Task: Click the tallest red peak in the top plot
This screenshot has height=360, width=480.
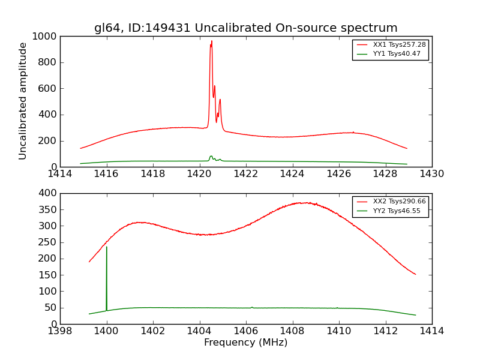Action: [x=211, y=42]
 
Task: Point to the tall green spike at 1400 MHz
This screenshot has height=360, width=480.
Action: [x=107, y=248]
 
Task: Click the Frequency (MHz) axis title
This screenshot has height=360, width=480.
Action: [x=245, y=343]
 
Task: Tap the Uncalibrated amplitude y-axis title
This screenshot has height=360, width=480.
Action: [x=23, y=101]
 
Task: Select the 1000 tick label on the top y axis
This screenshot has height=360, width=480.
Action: [x=46, y=37]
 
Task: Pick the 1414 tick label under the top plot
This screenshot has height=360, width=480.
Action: [x=61, y=174]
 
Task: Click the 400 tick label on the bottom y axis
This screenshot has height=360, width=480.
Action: [x=48, y=193]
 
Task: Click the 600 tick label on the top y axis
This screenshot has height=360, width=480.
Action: [x=48, y=89]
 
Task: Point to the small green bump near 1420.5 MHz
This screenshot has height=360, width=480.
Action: [x=211, y=157]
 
